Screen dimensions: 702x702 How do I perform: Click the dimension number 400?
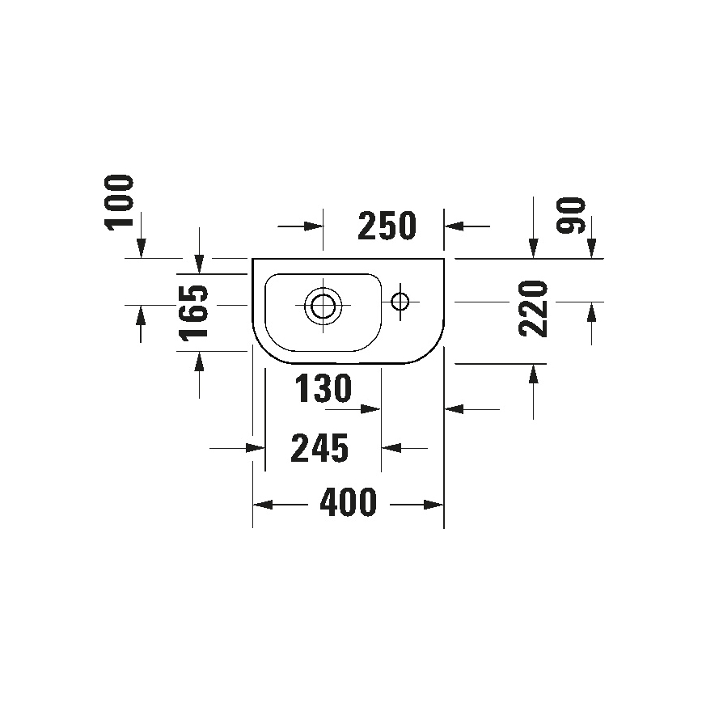point(349,504)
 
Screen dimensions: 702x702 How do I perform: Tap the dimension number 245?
point(321,447)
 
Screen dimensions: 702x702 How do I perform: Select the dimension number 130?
point(323,390)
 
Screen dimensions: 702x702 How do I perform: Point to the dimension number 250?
point(387,226)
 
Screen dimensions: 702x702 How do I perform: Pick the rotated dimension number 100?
point(120,202)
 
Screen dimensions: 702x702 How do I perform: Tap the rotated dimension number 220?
point(535,308)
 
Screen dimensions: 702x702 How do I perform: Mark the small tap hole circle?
point(400,302)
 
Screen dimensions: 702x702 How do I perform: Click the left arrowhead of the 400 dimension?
point(260,505)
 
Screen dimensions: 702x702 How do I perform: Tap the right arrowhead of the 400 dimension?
point(437,505)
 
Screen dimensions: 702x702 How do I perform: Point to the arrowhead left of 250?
point(315,226)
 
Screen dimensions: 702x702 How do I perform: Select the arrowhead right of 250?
point(453,226)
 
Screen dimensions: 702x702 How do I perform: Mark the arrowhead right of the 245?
point(389,447)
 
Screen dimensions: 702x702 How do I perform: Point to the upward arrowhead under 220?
point(534,373)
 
